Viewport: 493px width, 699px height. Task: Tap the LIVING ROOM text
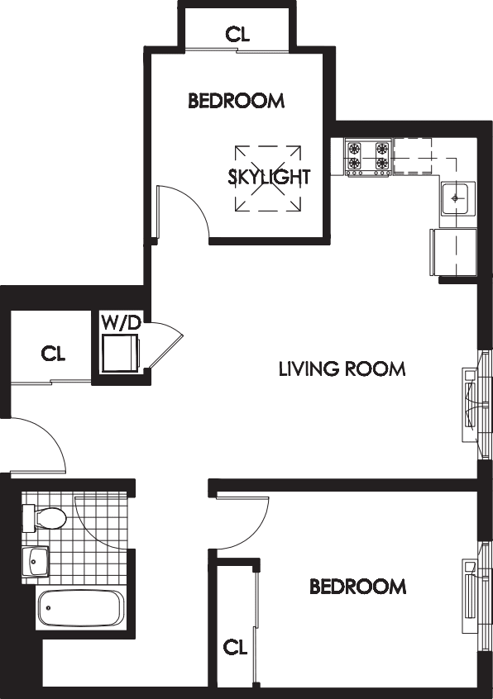[x=342, y=369]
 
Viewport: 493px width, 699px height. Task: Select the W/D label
[x=121, y=322]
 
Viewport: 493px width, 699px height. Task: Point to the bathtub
[x=80, y=610]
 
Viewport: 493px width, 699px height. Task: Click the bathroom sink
[x=35, y=561]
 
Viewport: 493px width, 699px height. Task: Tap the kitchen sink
[x=457, y=198]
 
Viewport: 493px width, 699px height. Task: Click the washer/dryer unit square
[x=121, y=354]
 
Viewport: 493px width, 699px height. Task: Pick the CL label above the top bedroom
[x=237, y=34]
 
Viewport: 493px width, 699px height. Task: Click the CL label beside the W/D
[x=53, y=354]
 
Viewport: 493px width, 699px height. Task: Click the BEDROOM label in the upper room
[x=236, y=101]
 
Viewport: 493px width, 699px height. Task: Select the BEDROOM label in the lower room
[x=357, y=587]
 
